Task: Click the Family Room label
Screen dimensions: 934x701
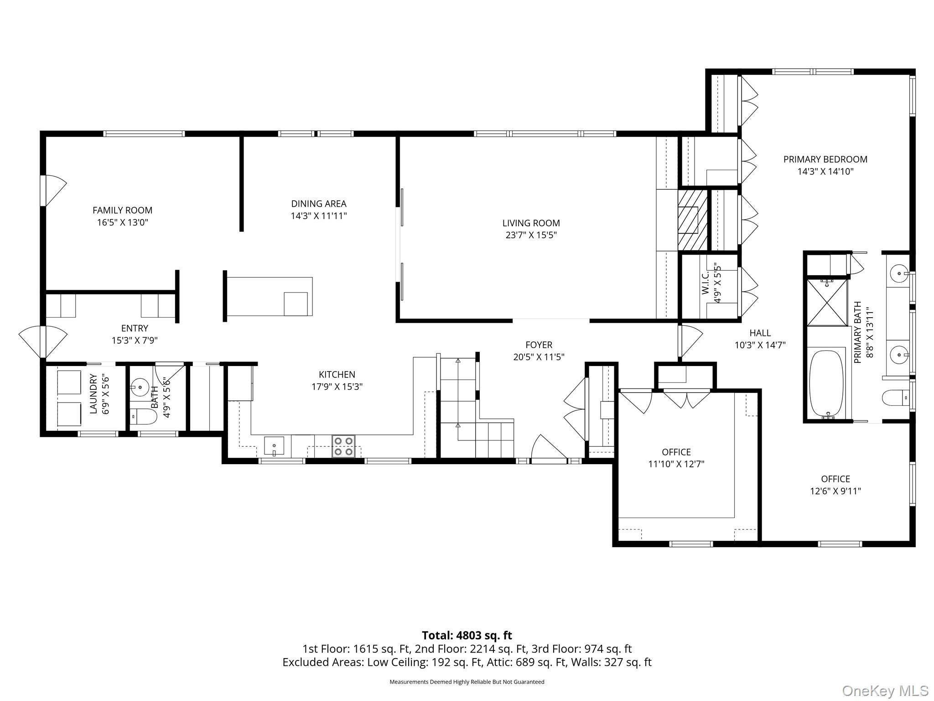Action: click(122, 210)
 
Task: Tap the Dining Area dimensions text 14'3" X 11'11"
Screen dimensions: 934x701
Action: click(319, 216)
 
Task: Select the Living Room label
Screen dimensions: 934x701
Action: click(531, 223)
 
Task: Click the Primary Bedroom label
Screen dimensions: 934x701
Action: click(825, 159)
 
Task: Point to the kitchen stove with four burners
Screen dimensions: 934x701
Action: click(344, 446)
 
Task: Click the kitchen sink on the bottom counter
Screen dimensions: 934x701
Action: click(274, 446)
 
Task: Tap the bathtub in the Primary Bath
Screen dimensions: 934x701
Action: click(827, 384)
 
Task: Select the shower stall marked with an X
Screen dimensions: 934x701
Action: click(827, 303)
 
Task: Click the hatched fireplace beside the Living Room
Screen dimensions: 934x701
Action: click(692, 220)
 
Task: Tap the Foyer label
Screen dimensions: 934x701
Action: click(539, 345)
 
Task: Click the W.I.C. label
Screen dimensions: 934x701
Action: click(706, 283)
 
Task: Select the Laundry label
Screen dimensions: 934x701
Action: click(93, 394)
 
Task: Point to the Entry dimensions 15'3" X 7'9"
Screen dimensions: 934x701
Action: click(135, 340)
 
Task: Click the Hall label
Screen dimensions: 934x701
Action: click(760, 333)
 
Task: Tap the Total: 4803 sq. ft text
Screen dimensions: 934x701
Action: click(467, 635)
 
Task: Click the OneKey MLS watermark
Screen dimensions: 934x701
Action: click(885, 691)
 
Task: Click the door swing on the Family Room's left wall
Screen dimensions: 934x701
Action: click(53, 191)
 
